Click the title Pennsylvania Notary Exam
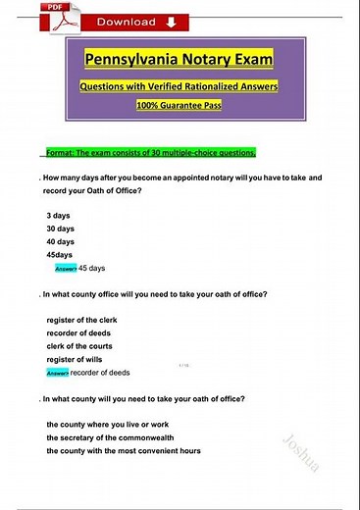pos(180,60)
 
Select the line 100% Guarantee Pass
pos(180,104)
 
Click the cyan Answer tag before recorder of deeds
pos(58,374)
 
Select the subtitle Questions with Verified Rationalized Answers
pos(180,85)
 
